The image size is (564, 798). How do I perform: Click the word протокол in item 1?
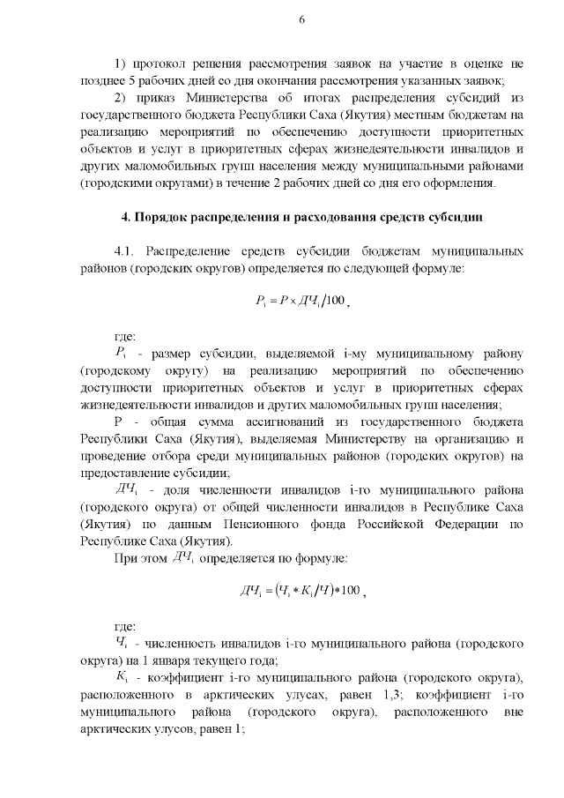(160, 64)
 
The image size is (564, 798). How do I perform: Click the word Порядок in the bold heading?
(172, 217)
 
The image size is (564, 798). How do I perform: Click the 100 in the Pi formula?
(334, 302)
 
